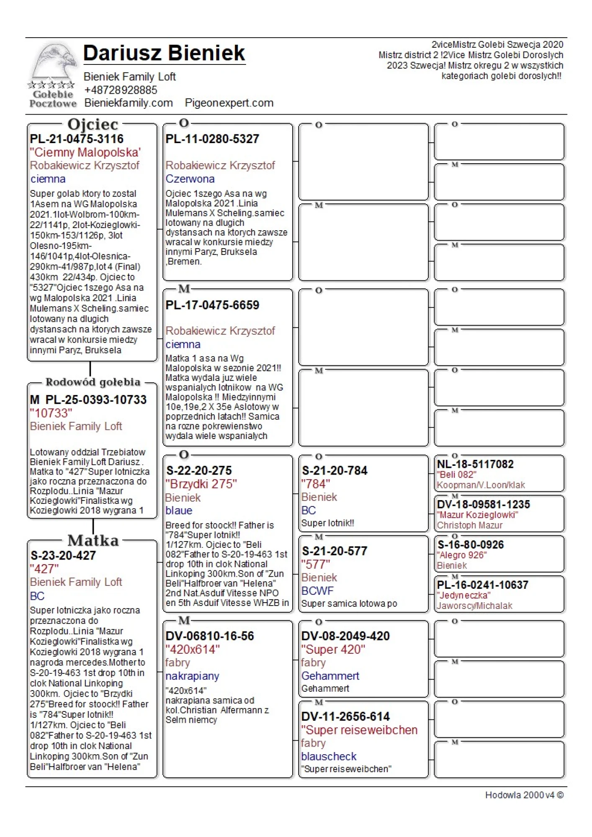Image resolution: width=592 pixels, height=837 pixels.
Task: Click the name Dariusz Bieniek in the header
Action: pos(164,53)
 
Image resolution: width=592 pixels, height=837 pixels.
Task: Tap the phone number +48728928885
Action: pos(120,90)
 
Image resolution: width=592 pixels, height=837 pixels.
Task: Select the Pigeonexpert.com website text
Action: pos(229,103)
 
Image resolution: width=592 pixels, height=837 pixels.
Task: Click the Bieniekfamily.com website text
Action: pos(128,103)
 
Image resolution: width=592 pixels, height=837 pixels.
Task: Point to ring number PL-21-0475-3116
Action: pos(77,139)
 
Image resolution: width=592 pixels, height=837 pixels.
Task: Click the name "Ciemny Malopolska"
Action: pos(85,152)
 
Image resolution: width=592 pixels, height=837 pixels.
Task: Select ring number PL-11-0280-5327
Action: pos(212,139)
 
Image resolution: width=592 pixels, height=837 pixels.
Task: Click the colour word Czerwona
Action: pos(190,179)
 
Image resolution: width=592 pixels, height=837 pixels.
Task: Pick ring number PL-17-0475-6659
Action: pos(212,305)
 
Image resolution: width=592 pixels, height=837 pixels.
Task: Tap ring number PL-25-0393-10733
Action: pos(96,400)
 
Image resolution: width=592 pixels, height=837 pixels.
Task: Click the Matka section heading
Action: pos(93,540)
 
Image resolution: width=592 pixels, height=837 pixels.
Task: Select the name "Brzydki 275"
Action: pos(201,484)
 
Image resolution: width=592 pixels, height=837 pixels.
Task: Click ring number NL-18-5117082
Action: pos(475,464)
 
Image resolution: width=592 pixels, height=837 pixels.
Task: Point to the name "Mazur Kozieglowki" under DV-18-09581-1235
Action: pos(477,515)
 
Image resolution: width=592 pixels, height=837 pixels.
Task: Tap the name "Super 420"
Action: pos(333,650)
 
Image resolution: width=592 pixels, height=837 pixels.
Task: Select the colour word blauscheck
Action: pos(329,756)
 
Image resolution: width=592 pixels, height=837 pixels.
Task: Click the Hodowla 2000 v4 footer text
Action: pos(524,795)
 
